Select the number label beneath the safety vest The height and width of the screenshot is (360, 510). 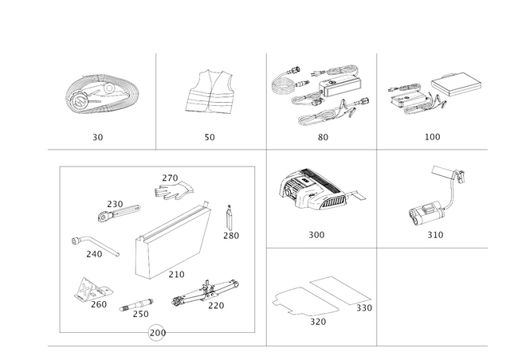pyautogui.click(x=210, y=137)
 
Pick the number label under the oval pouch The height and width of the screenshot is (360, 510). pyautogui.click(x=97, y=137)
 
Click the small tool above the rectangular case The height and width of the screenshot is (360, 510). pyautogui.click(x=171, y=187)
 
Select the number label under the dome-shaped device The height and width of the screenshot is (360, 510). pyautogui.click(x=317, y=235)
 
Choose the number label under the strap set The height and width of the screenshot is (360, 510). pyautogui.click(x=322, y=137)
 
